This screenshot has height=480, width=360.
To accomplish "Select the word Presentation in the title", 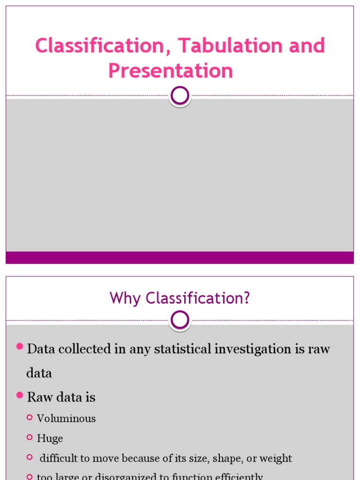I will [x=171, y=71].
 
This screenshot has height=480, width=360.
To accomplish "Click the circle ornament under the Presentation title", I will [x=180, y=96].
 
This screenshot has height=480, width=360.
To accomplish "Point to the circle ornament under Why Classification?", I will [x=180, y=321].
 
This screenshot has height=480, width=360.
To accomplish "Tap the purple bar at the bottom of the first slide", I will [x=180, y=257].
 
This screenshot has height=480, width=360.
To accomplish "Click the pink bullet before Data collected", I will [x=20, y=346].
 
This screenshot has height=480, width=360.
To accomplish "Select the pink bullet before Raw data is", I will [x=20, y=395].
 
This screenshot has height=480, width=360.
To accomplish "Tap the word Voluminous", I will [x=66, y=419].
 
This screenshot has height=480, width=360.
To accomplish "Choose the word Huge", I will [x=50, y=439].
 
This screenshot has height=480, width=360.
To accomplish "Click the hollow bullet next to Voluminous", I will [x=30, y=417].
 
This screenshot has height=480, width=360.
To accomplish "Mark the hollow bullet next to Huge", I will [x=30, y=437].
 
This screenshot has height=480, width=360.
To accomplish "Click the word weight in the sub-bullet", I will [x=277, y=458].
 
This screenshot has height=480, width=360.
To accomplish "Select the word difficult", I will [x=58, y=458].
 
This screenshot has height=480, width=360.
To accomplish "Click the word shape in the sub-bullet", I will [x=226, y=458].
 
